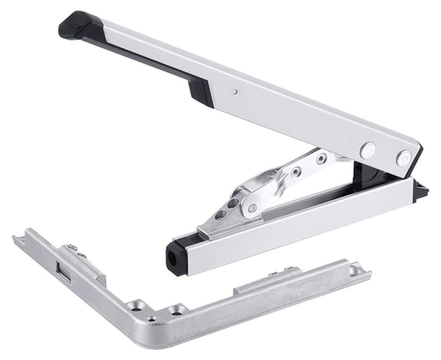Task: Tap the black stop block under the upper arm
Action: point(199,92)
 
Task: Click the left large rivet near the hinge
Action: point(368,150)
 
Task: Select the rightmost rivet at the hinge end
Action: point(403,159)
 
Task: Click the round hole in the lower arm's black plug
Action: point(173,258)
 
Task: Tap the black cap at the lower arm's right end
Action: point(421,189)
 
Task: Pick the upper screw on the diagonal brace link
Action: point(321,159)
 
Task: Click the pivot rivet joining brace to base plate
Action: point(251,208)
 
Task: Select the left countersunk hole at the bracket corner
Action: point(136,307)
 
